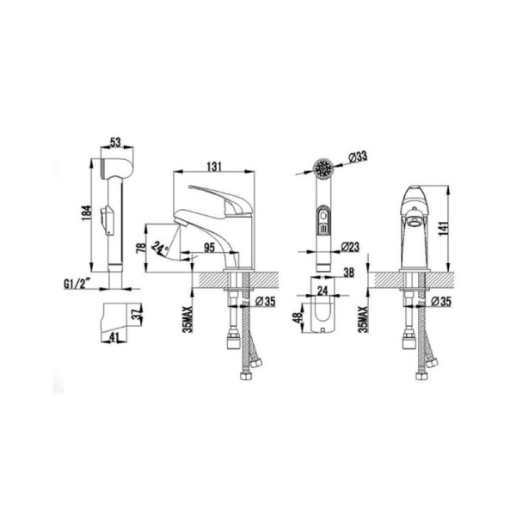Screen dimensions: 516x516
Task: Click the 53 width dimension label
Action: (115, 143)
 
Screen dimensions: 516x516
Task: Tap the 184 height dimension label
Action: (86, 212)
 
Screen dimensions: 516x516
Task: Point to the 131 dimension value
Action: (214, 167)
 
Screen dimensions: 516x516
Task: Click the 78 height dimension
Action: (140, 249)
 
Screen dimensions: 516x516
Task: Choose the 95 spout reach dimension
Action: (209, 248)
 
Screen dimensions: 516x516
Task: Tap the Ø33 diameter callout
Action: (357, 157)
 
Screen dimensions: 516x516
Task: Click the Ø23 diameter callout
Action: (350, 247)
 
